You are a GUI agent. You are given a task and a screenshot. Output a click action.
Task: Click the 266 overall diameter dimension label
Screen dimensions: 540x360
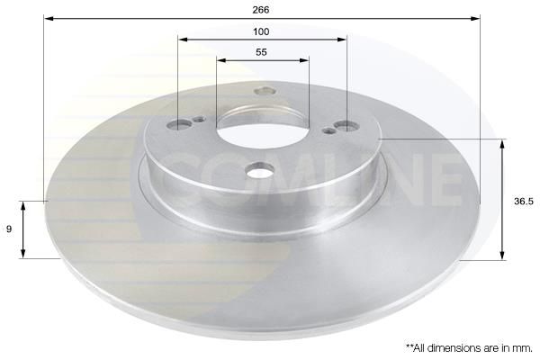[261, 10]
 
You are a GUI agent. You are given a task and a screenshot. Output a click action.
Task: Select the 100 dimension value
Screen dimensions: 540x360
[261, 31]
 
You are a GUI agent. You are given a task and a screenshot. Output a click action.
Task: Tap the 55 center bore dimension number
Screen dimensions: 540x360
[261, 52]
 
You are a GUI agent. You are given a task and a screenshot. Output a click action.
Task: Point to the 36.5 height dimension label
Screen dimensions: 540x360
[524, 202]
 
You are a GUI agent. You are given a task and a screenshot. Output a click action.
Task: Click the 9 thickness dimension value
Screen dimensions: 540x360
[9, 229]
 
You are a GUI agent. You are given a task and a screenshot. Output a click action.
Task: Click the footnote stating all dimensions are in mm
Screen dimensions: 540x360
[469, 348]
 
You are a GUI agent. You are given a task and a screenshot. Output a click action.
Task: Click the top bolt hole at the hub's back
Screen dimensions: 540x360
[264, 91]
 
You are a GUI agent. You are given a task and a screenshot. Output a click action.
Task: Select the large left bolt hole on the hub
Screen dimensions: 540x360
[179, 124]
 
